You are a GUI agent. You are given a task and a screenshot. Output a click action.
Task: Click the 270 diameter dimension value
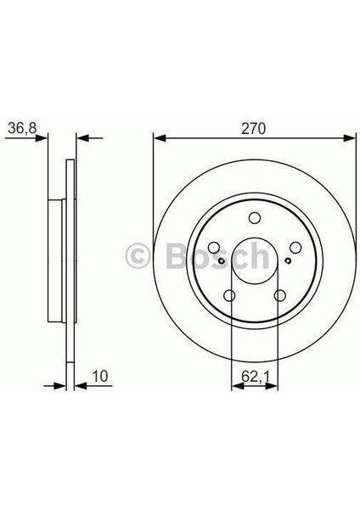pos(253,129)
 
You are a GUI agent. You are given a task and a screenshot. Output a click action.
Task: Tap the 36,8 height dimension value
pos(22,128)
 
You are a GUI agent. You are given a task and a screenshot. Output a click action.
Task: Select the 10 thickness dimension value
pos(100,376)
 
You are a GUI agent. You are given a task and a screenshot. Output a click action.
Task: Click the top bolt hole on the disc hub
pos(255,217)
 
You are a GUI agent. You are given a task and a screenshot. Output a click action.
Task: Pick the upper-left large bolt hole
pos(214,248)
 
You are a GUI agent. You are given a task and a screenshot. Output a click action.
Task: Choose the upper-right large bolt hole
pos(295,248)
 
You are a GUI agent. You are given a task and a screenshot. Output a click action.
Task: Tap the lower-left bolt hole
pos(229,295)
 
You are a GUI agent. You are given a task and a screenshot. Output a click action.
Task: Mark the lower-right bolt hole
pos(279,295)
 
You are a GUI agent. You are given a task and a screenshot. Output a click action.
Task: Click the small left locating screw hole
pos(222,260)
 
